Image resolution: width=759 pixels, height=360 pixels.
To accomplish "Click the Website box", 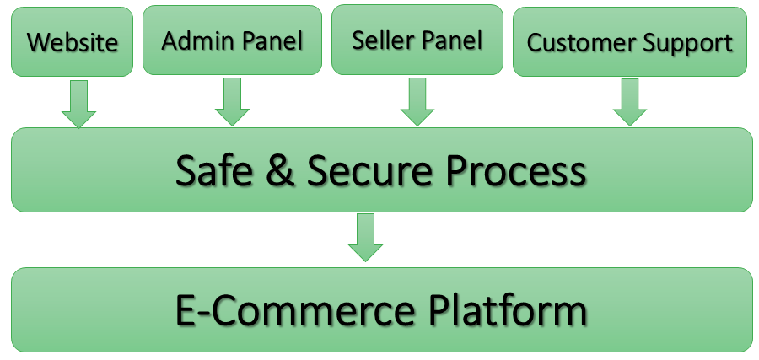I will [72, 42].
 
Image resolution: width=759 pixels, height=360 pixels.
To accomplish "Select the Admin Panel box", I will [232, 40].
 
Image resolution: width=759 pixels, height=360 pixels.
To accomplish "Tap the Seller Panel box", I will [417, 40].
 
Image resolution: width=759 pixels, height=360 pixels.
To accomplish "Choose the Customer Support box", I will [630, 42].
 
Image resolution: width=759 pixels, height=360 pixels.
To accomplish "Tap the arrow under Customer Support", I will [630, 103].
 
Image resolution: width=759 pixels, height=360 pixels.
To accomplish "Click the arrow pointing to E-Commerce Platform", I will [365, 238].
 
